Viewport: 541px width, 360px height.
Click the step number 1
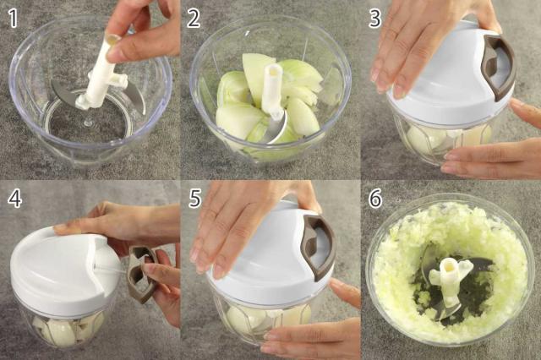click(x=13, y=19)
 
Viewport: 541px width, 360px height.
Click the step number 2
click(x=194, y=19)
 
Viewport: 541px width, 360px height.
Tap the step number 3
click(x=375, y=19)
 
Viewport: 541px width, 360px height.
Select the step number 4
click(x=15, y=199)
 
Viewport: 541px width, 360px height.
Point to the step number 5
click(x=195, y=199)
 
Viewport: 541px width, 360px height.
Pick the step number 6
click(x=375, y=199)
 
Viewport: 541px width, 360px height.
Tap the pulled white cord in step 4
click(x=111, y=270)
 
